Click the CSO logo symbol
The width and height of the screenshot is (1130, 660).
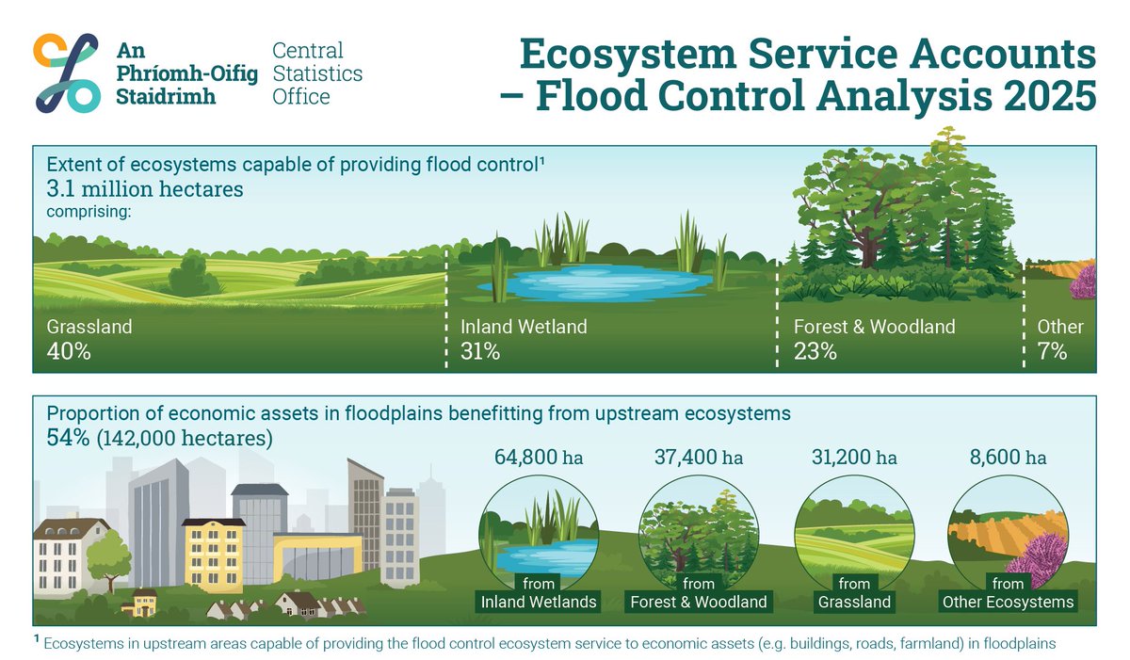click(66, 72)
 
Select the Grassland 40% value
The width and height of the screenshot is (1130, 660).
click(68, 352)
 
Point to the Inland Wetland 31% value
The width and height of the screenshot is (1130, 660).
click(480, 352)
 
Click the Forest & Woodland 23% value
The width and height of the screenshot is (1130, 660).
click(815, 352)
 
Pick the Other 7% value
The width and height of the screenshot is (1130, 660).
click(1052, 352)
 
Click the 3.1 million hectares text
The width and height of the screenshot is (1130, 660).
click(145, 189)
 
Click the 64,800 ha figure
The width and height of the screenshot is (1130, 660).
click(539, 458)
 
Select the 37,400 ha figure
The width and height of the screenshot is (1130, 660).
click(699, 458)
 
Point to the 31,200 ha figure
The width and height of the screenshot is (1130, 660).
click(854, 458)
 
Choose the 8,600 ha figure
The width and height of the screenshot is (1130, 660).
click(1008, 458)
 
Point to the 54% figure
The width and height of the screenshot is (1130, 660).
click(69, 438)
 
